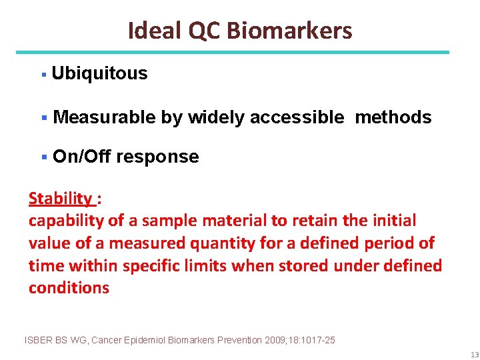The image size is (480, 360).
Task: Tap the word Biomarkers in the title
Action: pyautogui.click(x=289, y=31)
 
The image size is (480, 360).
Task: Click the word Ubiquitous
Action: pyautogui.click(x=99, y=73)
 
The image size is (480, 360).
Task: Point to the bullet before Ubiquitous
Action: pyautogui.click(x=43, y=74)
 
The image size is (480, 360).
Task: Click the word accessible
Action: pyautogui.click(x=297, y=117)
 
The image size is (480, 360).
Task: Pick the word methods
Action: pyautogui.click(x=393, y=117)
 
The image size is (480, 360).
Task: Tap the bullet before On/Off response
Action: pyautogui.click(x=43, y=157)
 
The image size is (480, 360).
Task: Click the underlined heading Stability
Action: pyautogui.click(x=61, y=198)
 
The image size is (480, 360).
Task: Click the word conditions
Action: pyautogui.click(x=69, y=288)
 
